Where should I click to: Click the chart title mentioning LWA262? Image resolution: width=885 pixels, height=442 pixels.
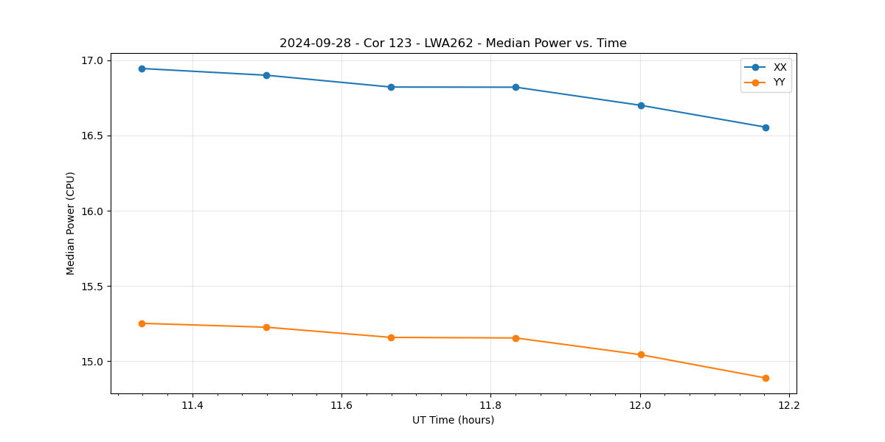coord(453,43)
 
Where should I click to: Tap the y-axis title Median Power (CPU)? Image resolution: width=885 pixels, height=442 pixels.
coord(71,223)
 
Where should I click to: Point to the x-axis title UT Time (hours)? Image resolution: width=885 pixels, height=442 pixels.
coord(453,420)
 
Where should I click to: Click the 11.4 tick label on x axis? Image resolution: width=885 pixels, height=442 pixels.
coord(192,405)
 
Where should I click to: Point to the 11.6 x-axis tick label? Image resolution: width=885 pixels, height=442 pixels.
coord(341,405)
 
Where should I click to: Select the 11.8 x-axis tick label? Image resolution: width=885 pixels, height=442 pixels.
coord(490,405)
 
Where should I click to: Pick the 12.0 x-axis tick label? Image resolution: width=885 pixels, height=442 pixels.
coord(640,405)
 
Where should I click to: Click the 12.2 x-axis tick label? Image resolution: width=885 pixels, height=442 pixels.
coord(789,405)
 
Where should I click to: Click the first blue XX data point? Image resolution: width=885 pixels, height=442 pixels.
coord(142,69)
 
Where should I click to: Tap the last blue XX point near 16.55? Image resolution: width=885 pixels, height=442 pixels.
coord(766,127)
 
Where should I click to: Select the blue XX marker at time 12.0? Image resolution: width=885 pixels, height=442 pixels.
coord(641,105)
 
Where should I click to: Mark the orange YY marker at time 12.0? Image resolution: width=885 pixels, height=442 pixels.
coord(641,354)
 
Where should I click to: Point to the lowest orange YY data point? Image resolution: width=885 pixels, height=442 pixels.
coord(766,378)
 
